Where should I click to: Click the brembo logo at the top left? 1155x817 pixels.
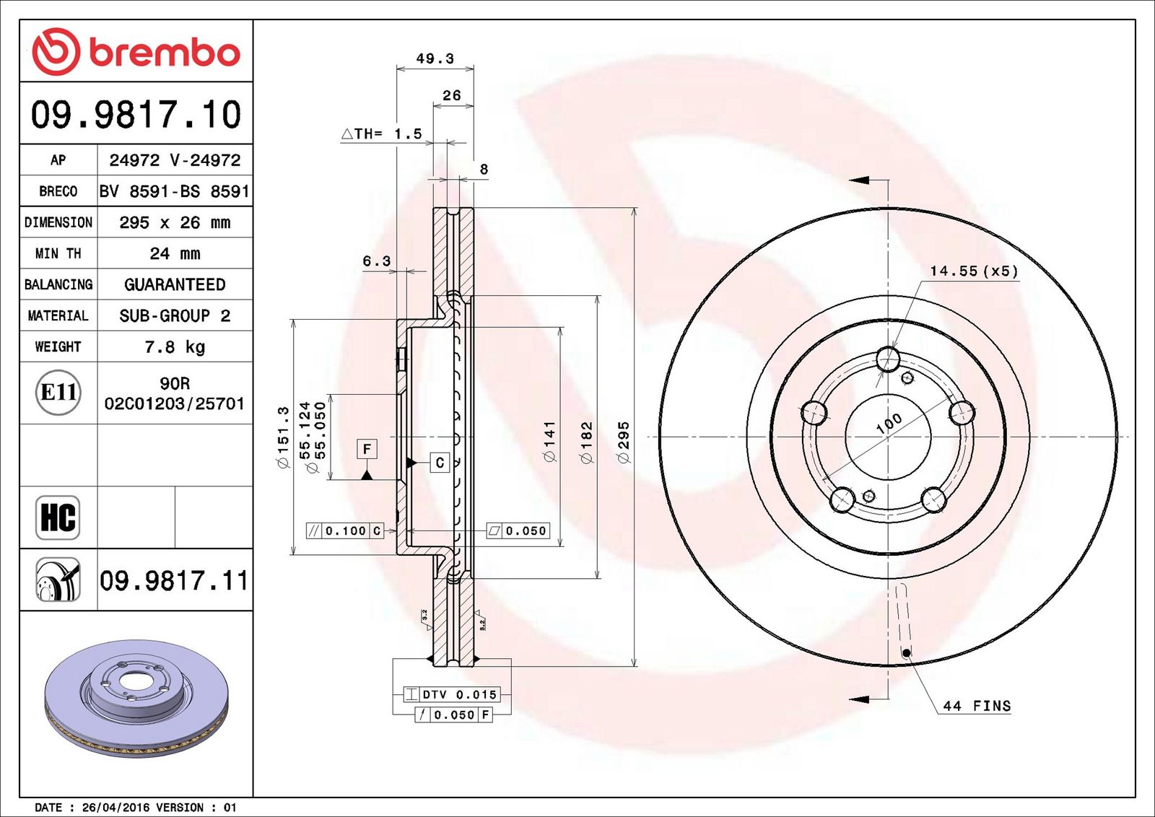[136, 51]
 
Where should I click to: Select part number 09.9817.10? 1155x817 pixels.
[136, 114]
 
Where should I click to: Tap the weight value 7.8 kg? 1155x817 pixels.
[175, 347]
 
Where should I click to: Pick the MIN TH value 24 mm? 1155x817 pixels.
[175, 253]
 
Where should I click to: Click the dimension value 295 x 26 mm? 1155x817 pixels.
[175, 222]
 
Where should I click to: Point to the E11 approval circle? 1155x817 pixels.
[58, 393]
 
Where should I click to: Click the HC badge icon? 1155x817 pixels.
[58, 517]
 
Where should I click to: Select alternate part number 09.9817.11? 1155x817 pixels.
[174, 580]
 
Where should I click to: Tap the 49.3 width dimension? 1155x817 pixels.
[435, 58]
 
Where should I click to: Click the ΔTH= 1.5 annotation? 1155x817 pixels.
[382, 134]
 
